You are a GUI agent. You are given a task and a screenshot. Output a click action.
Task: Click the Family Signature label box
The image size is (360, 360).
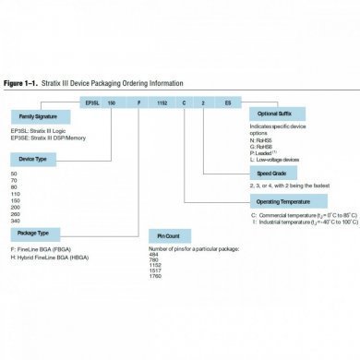point(42,117)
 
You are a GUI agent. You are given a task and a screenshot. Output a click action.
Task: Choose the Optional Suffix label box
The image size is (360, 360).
point(275,112)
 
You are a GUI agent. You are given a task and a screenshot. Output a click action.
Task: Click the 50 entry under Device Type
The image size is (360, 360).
point(13,174)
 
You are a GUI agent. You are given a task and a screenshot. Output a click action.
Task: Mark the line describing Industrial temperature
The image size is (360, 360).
point(304,222)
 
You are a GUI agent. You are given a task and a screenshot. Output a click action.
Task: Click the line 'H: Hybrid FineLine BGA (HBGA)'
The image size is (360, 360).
point(51,256)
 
